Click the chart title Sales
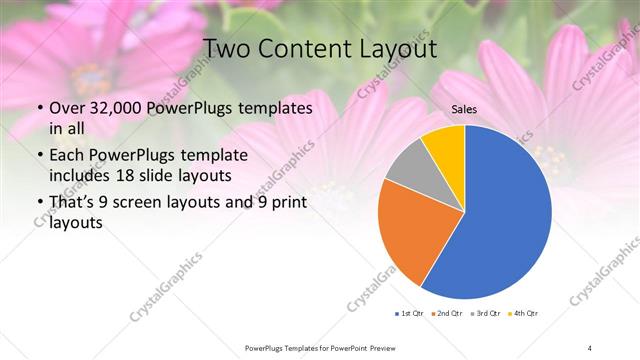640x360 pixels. [464, 109]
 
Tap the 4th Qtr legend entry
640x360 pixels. [522, 313]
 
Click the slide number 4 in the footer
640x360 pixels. [590, 347]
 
